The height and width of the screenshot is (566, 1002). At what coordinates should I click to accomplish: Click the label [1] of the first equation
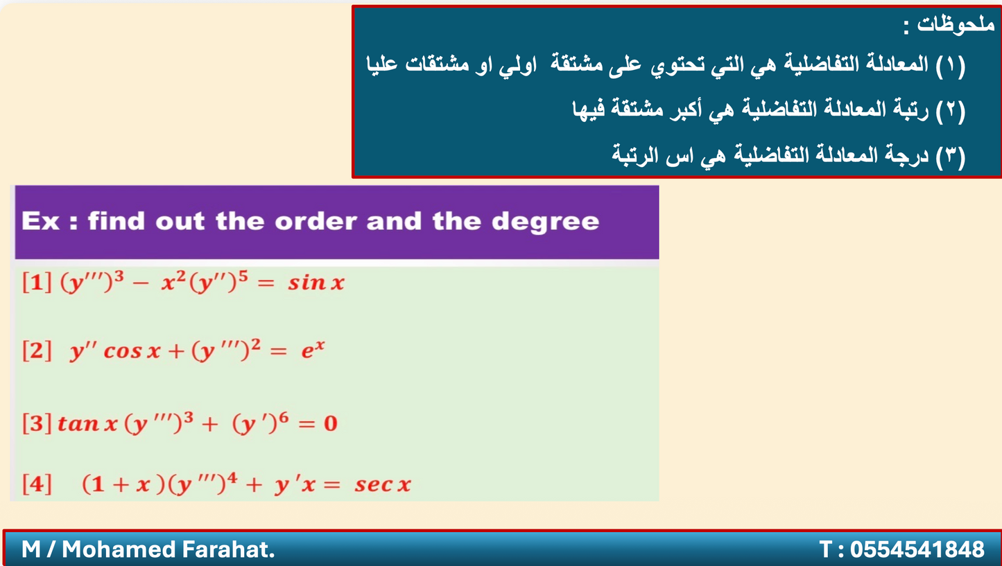click(37, 283)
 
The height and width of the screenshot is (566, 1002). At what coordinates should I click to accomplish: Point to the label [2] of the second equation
click(37, 351)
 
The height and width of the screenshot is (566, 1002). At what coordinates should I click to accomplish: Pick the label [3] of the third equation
click(37, 423)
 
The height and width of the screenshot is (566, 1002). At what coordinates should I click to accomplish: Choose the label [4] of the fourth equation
click(37, 484)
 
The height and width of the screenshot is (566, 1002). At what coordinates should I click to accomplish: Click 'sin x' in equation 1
click(316, 283)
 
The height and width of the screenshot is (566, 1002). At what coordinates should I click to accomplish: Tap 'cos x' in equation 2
click(132, 351)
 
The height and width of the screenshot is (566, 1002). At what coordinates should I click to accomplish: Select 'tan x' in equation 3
click(87, 423)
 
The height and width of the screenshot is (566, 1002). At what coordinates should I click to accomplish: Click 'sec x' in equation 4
click(383, 484)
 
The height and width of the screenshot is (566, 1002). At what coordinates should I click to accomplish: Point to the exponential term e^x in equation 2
click(313, 349)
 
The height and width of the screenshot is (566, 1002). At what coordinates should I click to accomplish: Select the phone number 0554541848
click(917, 549)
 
